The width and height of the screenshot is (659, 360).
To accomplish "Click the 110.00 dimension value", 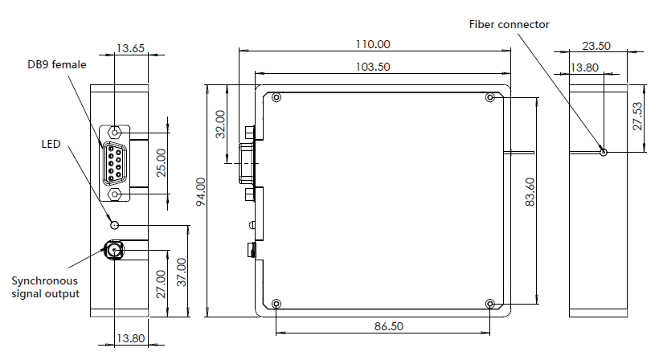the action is click(373, 44).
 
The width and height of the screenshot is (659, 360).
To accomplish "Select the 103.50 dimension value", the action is click(373, 67).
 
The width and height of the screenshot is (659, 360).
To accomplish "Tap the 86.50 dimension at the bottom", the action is click(389, 326).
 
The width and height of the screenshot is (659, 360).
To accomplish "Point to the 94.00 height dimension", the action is click(201, 191).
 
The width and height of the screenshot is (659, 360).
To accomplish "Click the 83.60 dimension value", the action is click(530, 192).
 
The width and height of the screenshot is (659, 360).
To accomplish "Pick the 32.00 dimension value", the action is click(220, 125).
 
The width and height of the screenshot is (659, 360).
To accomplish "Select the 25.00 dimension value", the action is click(161, 163).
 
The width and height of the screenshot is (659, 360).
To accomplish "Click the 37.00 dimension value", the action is click(181, 272).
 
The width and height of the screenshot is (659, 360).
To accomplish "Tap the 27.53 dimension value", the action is click(637, 117).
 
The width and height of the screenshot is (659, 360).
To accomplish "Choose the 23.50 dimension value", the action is click(596, 46).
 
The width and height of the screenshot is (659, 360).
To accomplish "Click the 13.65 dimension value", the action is click(130, 48).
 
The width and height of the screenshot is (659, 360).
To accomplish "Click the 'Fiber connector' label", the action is click(509, 25).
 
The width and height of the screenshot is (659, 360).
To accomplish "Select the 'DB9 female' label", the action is click(57, 65).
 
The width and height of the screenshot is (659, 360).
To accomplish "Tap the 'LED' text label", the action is click(51, 144).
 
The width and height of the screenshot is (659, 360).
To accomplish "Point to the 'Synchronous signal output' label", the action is click(45, 287).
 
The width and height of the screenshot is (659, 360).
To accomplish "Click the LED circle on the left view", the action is click(115, 225).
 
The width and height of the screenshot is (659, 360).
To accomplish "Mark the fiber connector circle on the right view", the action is click(603, 153).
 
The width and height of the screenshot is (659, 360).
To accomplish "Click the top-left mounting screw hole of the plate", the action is click(276, 98).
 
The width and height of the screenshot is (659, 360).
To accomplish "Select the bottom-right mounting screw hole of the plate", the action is click(490, 304).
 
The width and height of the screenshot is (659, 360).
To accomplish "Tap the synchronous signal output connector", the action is click(113, 251).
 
